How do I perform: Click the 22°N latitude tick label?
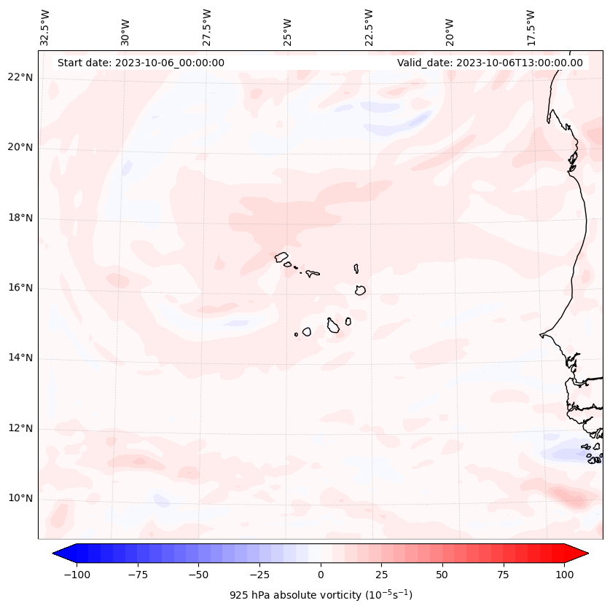(x=20, y=78)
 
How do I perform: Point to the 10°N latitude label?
(x=20, y=499)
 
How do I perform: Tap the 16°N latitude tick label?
(x=20, y=288)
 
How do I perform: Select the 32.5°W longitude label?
(x=44, y=27)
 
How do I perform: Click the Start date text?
(x=141, y=63)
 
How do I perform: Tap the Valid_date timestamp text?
(x=490, y=63)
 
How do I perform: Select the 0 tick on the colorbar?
(x=320, y=575)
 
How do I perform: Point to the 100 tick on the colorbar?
(x=564, y=575)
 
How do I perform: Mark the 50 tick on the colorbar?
(x=442, y=575)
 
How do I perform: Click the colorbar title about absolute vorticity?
(x=321, y=595)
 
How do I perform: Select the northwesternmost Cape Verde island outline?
(x=281, y=256)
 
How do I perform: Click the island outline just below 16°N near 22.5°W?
(x=360, y=290)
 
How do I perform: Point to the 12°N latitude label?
(x=20, y=428)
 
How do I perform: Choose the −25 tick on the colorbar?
(x=259, y=575)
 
